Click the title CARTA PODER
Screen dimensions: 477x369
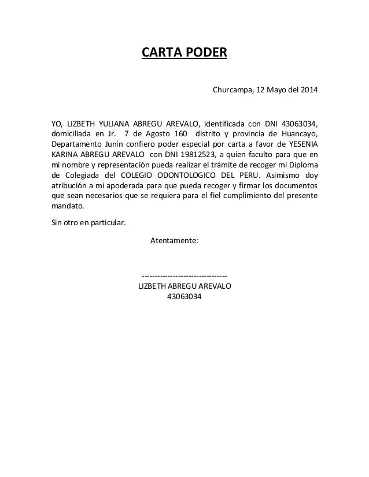pyautogui.click(x=184, y=54)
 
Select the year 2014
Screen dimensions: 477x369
pyautogui.click(x=308, y=91)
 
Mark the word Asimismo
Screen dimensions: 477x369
pyautogui.click(x=285, y=176)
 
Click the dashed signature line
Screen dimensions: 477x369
pyautogui.click(x=184, y=275)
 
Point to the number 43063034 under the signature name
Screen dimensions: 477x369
pyautogui.click(x=184, y=297)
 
